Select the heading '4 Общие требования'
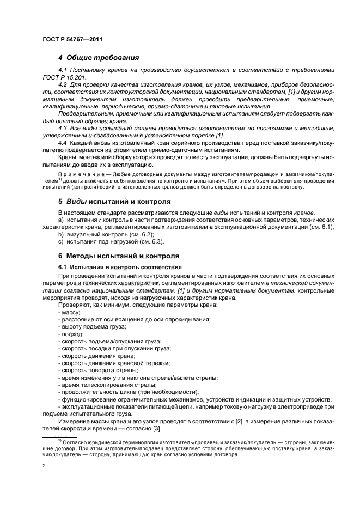click(x=99, y=57)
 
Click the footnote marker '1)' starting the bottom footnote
click(x=60, y=439)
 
